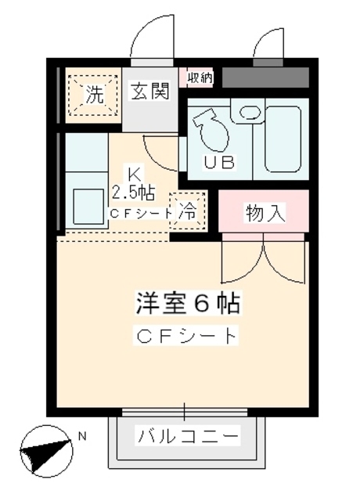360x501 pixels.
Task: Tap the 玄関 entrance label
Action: (x=149, y=92)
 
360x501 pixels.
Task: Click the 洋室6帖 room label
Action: (x=186, y=301)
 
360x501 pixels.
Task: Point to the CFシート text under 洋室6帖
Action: (x=186, y=337)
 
